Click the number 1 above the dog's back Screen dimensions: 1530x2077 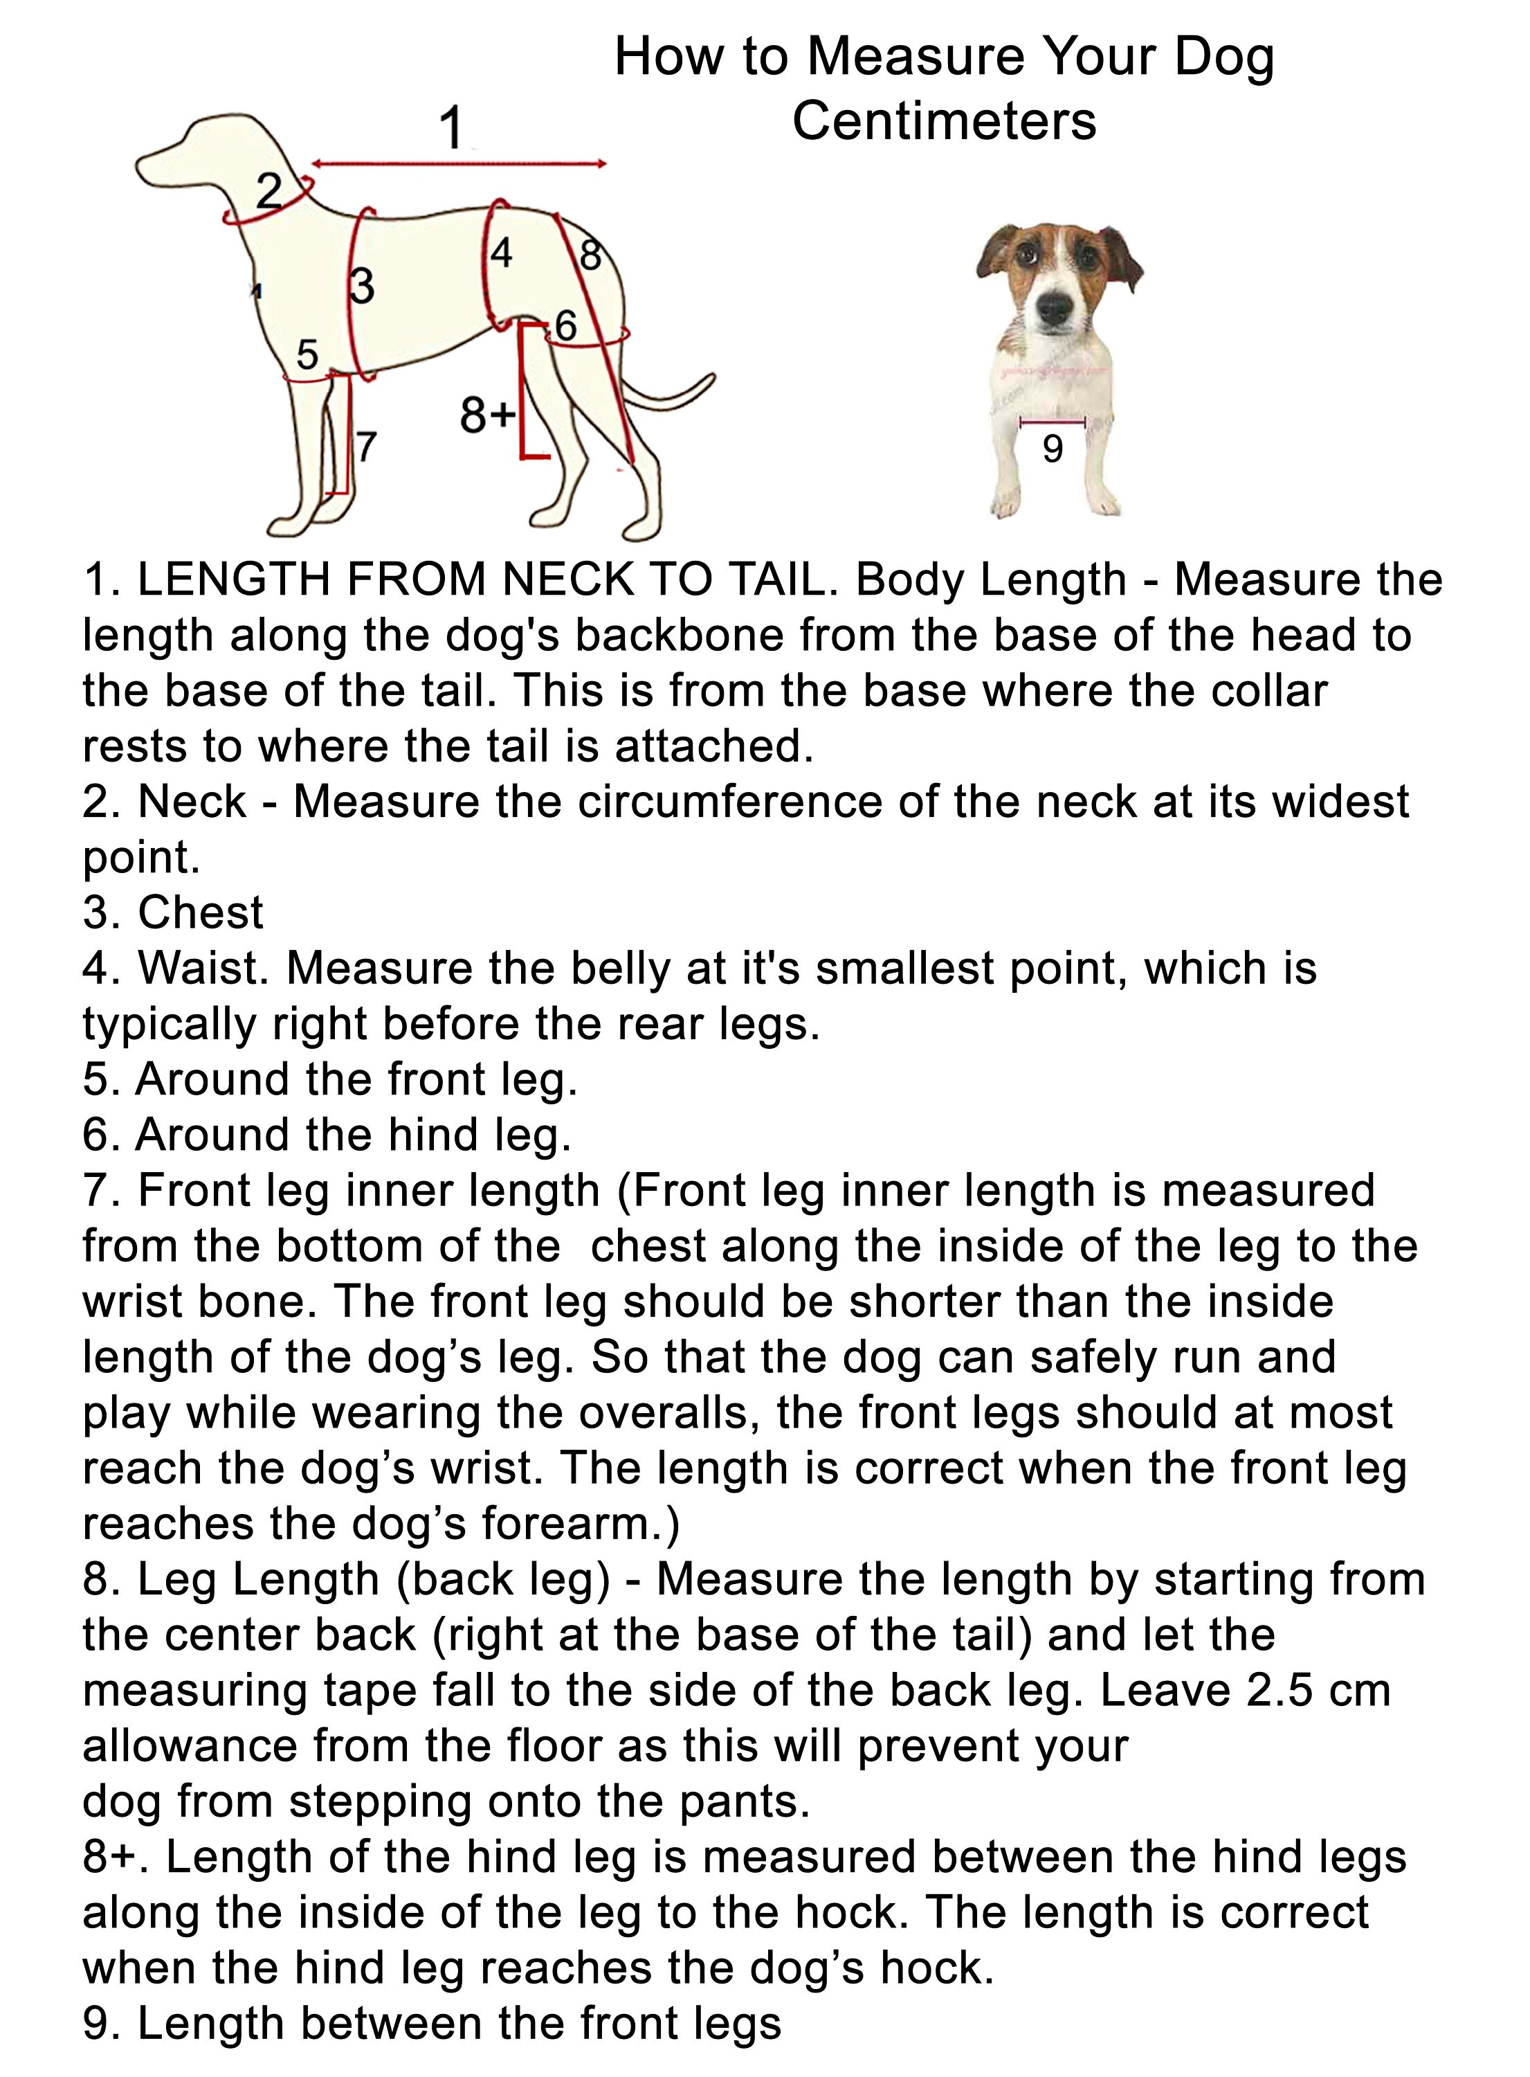click(x=451, y=128)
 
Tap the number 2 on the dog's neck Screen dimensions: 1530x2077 click(x=269, y=191)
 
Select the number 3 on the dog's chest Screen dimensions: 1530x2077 click(x=362, y=286)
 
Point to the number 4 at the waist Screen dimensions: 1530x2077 click(x=501, y=252)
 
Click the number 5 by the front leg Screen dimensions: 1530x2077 click(x=307, y=354)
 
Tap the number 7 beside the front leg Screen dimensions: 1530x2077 click(x=367, y=447)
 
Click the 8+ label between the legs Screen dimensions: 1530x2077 click(x=488, y=414)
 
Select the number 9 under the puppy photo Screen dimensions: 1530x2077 click(x=1052, y=449)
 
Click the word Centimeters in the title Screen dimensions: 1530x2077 click(x=944, y=121)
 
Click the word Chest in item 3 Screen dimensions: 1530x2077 click(x=201, y=912)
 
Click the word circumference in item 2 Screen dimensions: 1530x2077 click(x=730, y=801)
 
